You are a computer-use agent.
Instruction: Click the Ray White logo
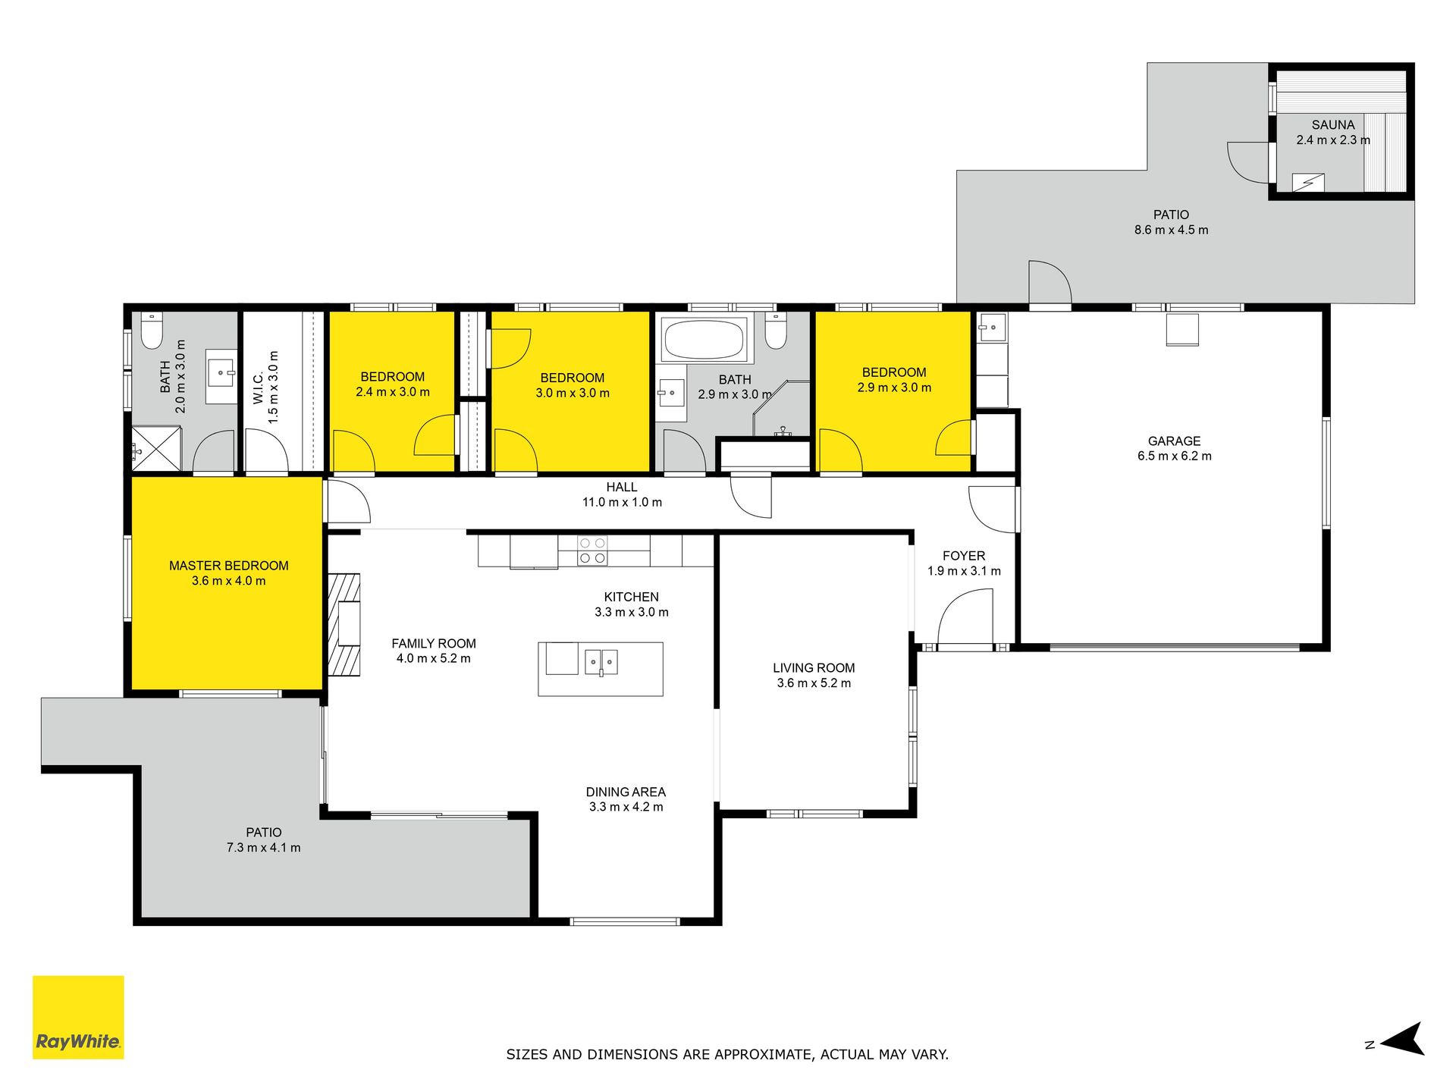click(78, 1017)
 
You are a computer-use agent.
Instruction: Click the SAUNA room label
click(1333, 125)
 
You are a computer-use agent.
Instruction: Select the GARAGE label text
click(1174, 441)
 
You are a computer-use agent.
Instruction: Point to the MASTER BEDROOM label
click(229, 566)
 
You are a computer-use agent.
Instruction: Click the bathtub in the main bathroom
click(704, 339)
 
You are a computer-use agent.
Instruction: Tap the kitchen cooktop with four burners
click(592, 551)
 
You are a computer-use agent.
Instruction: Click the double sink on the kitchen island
click(601, 661)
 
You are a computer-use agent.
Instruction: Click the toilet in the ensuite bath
click(152, 331)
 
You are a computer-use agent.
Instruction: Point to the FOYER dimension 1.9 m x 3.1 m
click(964, 571)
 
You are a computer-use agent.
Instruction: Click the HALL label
click(622, 488)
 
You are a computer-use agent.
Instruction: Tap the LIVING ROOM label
click(814, 668)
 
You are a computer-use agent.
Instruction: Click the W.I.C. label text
click(259, 388)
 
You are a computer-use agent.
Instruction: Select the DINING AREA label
click(626, 792)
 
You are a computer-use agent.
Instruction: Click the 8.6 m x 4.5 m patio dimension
click(1172, 230)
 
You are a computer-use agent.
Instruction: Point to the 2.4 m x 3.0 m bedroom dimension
click(393, 392)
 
